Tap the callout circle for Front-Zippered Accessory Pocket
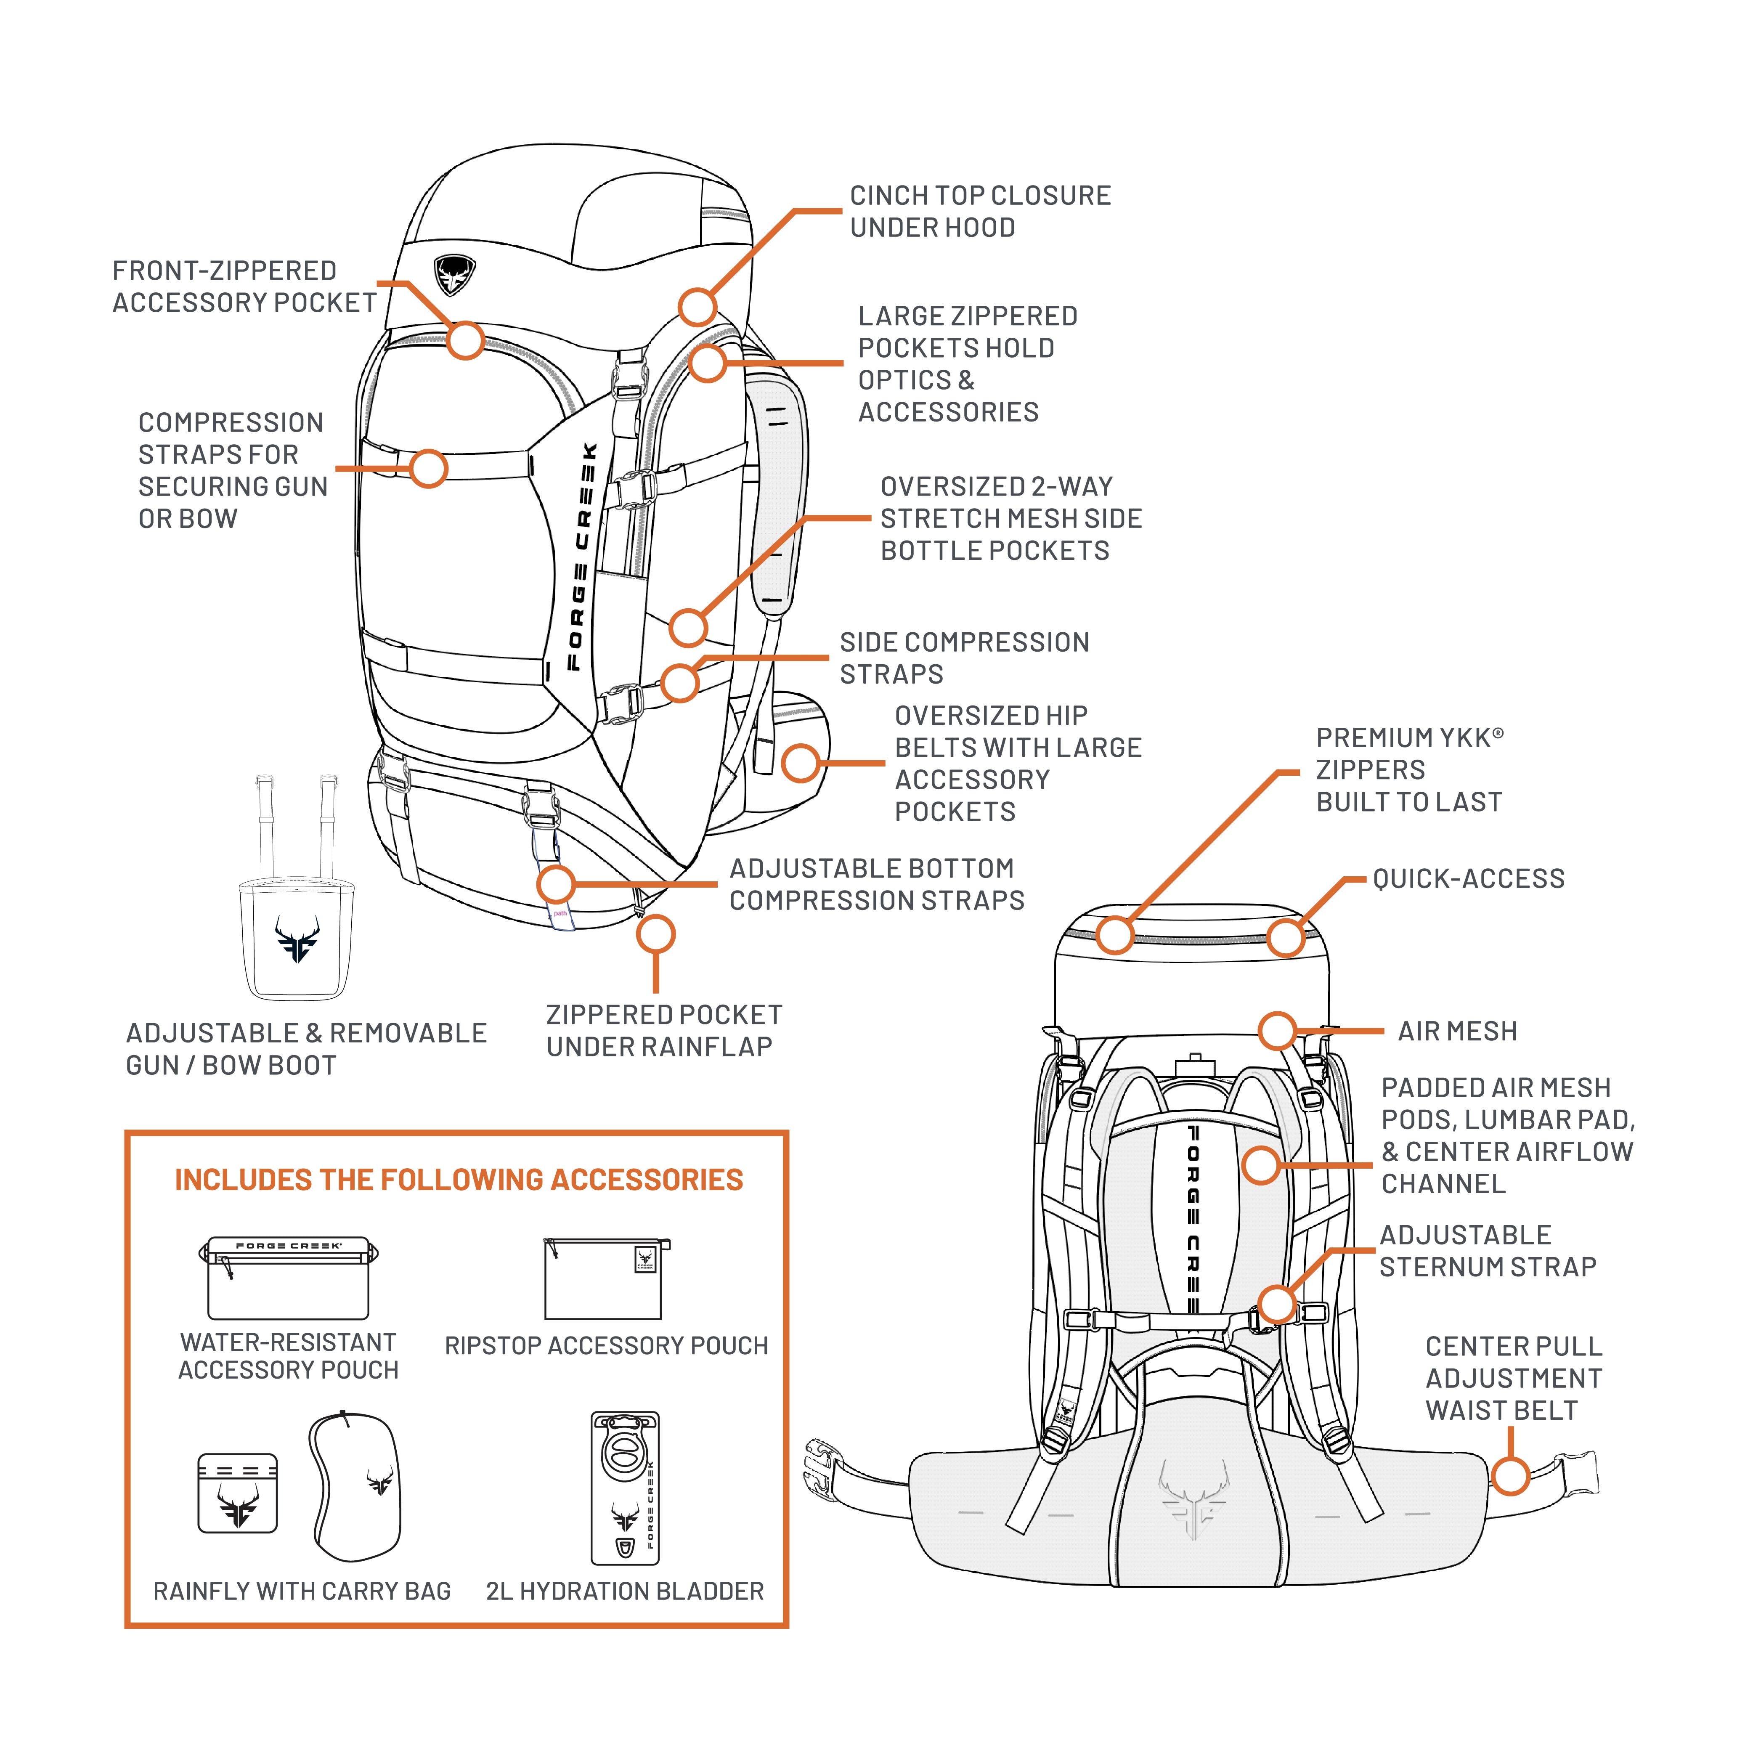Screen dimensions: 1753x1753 pyautogui.click(x=465, y=340)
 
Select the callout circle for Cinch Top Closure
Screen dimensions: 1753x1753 pyautogui.click(x=697, y=308)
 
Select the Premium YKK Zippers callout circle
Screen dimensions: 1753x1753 pyautogui.click(x=1115, y=935)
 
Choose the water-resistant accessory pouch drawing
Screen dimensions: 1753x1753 pyautogui.click(x=289, y=1278)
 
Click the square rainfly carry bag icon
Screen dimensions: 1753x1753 pyautogui.click(x=238, y=1493)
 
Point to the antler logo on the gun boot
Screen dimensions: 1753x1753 pyautogui.click(x=297, y=938)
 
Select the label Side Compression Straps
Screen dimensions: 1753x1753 pyautogui.click(x=964, y=658)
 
